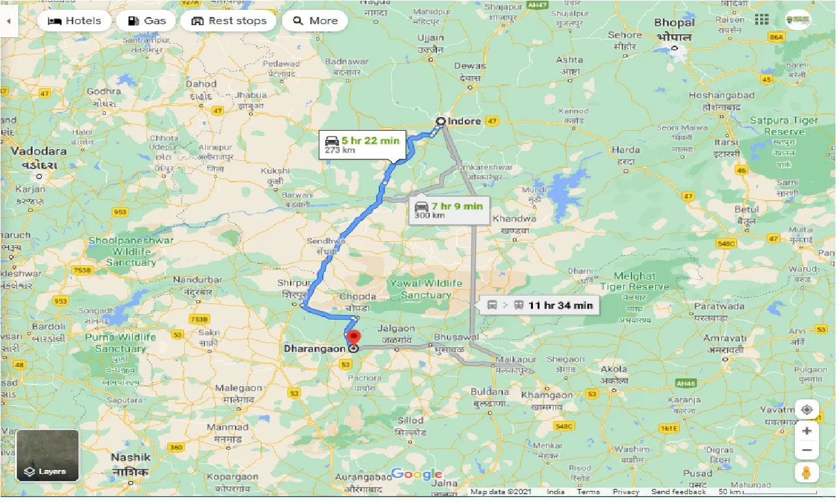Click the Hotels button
point(74,21)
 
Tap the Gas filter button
point(146,21)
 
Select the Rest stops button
point(229,21)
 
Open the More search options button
point(315,21)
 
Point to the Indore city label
point(464,121)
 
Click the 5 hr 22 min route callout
point(362,144)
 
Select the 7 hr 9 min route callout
point(449,210)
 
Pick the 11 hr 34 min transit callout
point(539,305)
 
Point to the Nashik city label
point(131,458)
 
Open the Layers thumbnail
point(48,456)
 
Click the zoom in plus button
point(807,431)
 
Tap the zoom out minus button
point(807,450)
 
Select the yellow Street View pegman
point(807,473)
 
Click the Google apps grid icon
point(762,20)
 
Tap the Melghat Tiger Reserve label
point(635,281)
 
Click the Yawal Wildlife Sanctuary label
point(426,289)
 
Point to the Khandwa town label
point(514,218)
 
